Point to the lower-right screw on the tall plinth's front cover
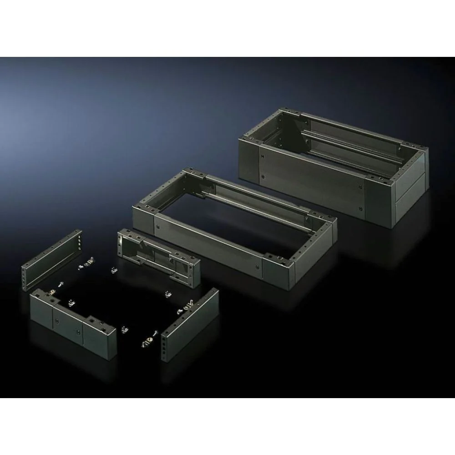point(360,197)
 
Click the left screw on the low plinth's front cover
point(157,224)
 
